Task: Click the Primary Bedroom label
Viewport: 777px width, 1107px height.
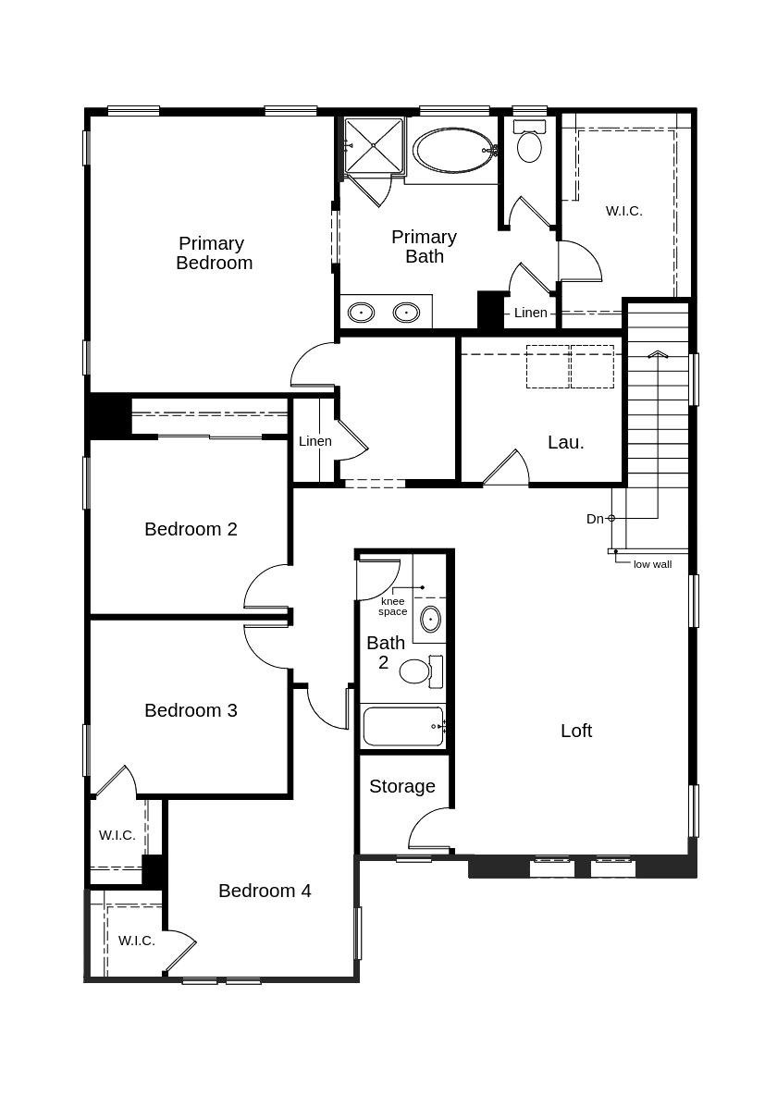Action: (213, 252)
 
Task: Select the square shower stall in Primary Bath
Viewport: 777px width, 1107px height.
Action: (374, 145)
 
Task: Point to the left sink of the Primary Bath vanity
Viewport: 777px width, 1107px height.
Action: (361, 313)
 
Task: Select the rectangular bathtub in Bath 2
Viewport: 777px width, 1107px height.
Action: (403, 726)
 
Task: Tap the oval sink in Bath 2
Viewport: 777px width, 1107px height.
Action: (430, 618)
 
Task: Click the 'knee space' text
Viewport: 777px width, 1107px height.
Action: (393, 607)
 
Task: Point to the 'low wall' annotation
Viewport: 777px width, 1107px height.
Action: (652, 564)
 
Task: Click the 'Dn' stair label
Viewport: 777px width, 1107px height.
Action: (595, 519)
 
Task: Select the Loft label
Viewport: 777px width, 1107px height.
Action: (576, 731)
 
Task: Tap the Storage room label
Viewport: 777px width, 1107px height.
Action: (402, 786)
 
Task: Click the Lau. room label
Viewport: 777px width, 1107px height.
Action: (566, 442)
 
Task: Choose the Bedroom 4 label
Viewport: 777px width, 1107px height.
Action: (265, 891)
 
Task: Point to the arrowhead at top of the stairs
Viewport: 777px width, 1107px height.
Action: (658, 354)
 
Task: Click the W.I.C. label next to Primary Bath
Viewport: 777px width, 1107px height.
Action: (624, 211)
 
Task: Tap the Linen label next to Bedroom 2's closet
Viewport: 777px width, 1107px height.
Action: (315, 441)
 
